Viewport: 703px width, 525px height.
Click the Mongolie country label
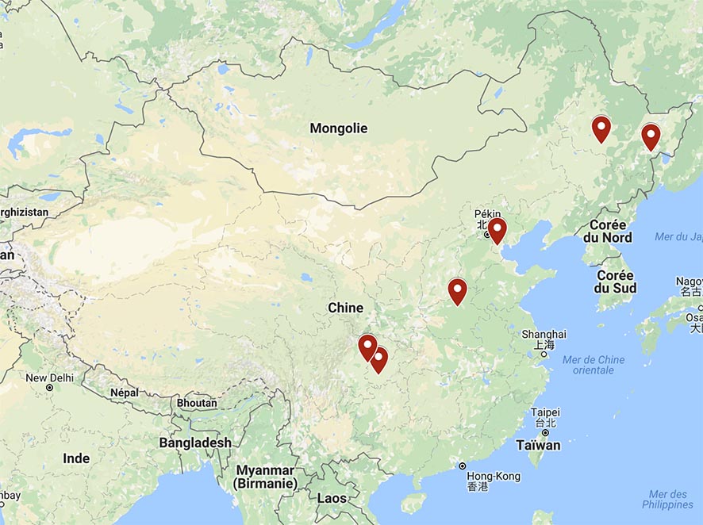pyautogui.click(x=339, y=128)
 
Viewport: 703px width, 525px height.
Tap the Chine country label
pyautogui.click(x=345, y=308)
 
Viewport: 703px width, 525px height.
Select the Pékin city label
pyautogui.click(x=488, y=214)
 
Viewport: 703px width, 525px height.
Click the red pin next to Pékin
pyautogui.click(x=497, y=230)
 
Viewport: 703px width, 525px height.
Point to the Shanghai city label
pyautogui.click(x=544, y=334)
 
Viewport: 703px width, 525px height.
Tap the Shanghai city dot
pyautogui.click(x=544, y=354)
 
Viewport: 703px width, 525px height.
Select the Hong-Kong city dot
pyautogui.click(x=463, y=466)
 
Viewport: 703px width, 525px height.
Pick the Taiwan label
pyautogui.click(x=538, y=445)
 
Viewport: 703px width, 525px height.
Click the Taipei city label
pyautogui.click(x=545, y=412)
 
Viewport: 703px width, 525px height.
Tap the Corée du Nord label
pyautogui.click(x=608, y=232)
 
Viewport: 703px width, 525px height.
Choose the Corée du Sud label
pyautogui.click(x=615, y=282)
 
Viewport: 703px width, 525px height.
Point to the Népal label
pyautogui.click(x=124, y=393)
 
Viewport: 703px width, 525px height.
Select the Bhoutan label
pyautogui.click(x=196, y=403)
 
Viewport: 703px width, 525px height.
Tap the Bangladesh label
pyautogui.click(x=195, y=443)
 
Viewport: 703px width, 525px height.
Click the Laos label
pyautogui.click(x=332, y=498)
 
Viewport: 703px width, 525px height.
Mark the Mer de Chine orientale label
pyautogui.click(x=594, y=365)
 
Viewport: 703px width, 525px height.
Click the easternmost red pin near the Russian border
pyautogui.click(x=651, y=136)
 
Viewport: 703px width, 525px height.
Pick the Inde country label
pyautogui.click(x=76, y=458)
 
